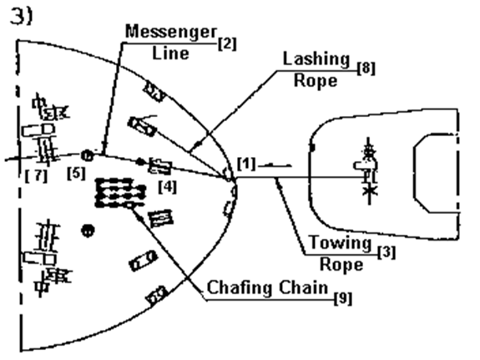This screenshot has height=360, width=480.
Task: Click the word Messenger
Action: tap(171, 33)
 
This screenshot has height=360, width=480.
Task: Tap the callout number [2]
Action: tap(227, 43)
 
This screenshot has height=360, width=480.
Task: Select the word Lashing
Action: tap(316, 59)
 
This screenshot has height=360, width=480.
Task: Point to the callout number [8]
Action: tap(366, 68)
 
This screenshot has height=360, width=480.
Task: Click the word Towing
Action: tap(340, 242)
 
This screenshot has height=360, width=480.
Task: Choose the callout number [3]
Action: tap(387, 252)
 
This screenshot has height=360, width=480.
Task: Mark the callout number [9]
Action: tap(343, 298)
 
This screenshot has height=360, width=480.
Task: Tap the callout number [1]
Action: tap(246, 164)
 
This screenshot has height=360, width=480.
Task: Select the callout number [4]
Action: tap(168, 187)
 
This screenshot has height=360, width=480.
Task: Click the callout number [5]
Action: tap(76, 173)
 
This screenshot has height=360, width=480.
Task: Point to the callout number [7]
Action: tap(37, 175)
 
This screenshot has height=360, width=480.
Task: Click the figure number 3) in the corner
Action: tap(21, 17)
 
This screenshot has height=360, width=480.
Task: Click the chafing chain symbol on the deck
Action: tap(120, 193)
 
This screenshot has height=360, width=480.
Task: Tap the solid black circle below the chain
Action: tap(88, 231)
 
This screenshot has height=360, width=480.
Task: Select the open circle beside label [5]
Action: tap(88, 155)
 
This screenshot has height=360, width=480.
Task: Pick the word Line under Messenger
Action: tap(170, 53)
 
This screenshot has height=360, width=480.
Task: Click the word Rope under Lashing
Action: tap(316, 81)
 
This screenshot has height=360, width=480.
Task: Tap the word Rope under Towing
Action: tap(341, 265)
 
